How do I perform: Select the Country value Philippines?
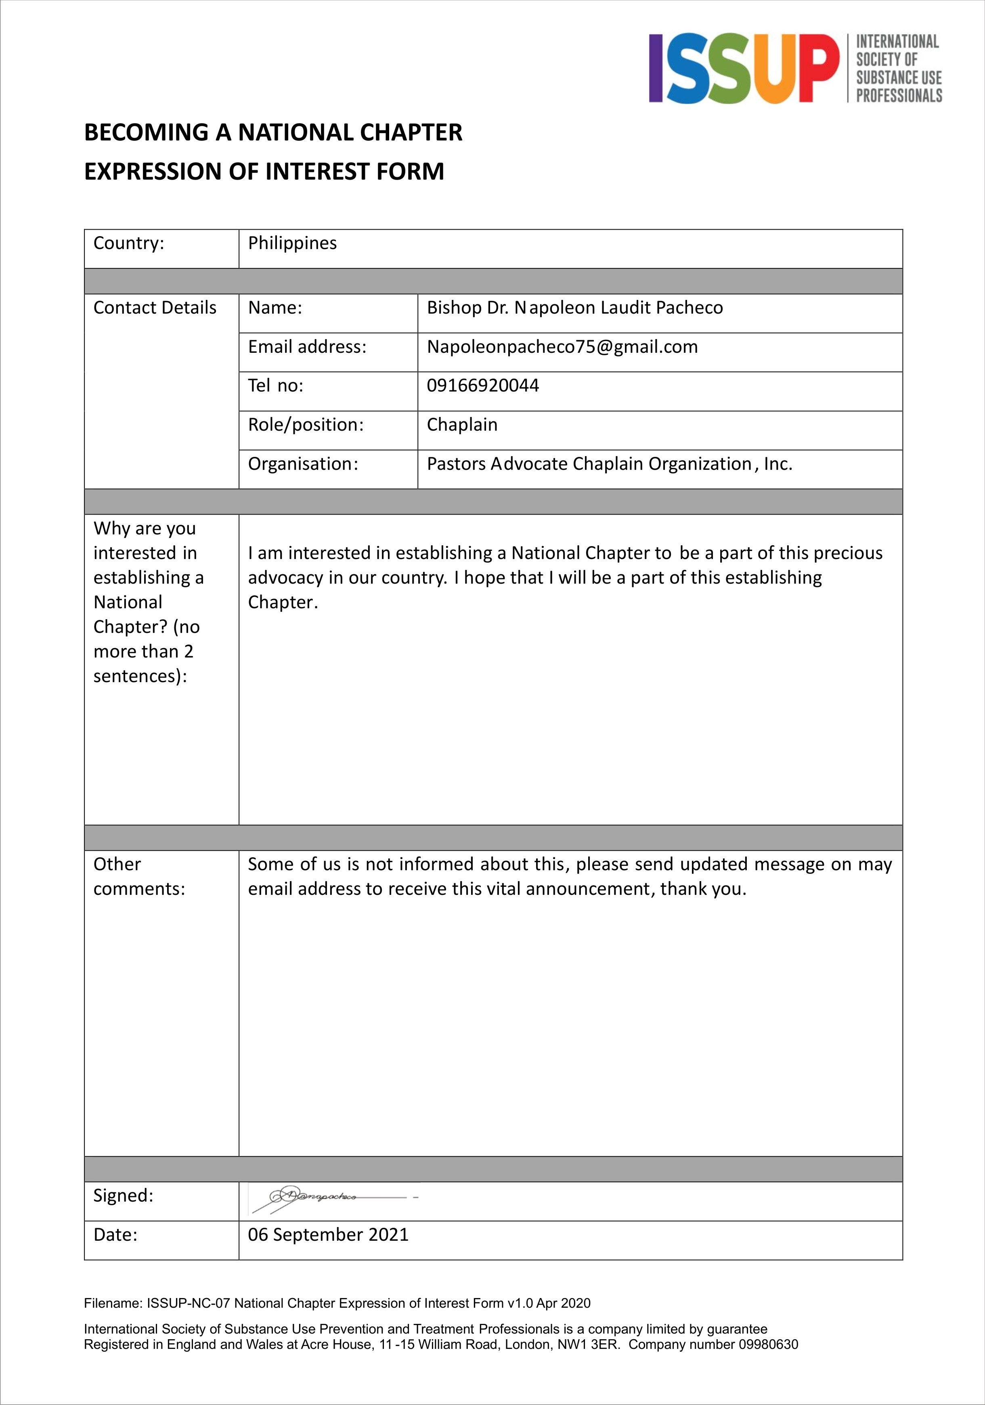tap(292, 243)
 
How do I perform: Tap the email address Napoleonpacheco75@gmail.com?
tap(562, 347)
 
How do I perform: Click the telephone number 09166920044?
tap(482, 385)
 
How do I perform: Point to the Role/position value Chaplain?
tap(461, 425)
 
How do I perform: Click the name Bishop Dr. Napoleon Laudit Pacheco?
tap(574, 308)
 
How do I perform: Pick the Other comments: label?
tap(139, 876)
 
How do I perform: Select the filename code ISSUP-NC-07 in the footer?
tap(189, 1303)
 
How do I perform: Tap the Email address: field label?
tap(307, 347)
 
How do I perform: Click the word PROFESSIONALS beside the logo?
tap(898, 96)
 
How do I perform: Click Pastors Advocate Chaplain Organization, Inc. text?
tap(609, 464)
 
